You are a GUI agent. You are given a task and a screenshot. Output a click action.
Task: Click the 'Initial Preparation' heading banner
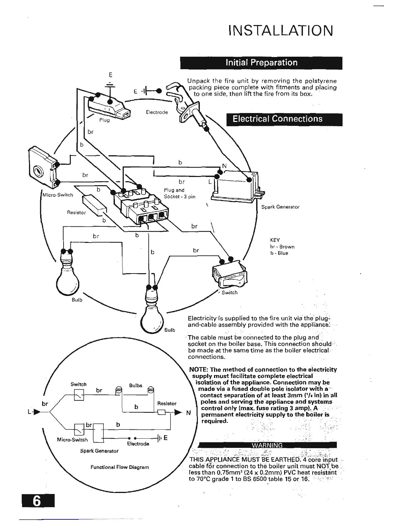pos(261,63)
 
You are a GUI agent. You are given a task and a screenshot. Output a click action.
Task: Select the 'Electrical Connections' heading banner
pos(278,119)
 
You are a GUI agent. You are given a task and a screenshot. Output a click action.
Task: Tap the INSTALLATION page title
pos(281,31)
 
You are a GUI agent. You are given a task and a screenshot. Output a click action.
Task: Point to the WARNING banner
pos(267,445)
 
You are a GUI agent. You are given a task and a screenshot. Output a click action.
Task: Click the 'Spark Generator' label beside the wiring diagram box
pos(280,207)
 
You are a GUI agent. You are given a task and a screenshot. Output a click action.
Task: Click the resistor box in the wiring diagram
pos(94,204)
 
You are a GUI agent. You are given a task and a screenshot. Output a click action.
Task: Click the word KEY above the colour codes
pos(275,240)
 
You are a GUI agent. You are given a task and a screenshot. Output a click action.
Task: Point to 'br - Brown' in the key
pos(282,246)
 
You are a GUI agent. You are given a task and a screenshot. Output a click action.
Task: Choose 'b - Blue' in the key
pos(279,253)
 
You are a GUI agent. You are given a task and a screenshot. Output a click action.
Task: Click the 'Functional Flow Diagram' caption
pos(120,467)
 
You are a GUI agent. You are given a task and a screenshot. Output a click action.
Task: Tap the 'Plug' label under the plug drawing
pos(104,120)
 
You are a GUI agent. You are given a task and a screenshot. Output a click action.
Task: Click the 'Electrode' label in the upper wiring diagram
pos(157,112)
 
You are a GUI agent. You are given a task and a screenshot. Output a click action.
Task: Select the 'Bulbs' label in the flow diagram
pos(136,385)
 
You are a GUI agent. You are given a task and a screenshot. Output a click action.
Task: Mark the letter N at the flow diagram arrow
pos(188,413)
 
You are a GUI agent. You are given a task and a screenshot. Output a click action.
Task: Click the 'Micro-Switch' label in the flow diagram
pos(72,440)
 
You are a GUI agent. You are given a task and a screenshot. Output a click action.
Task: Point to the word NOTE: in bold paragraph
pos(199,369)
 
